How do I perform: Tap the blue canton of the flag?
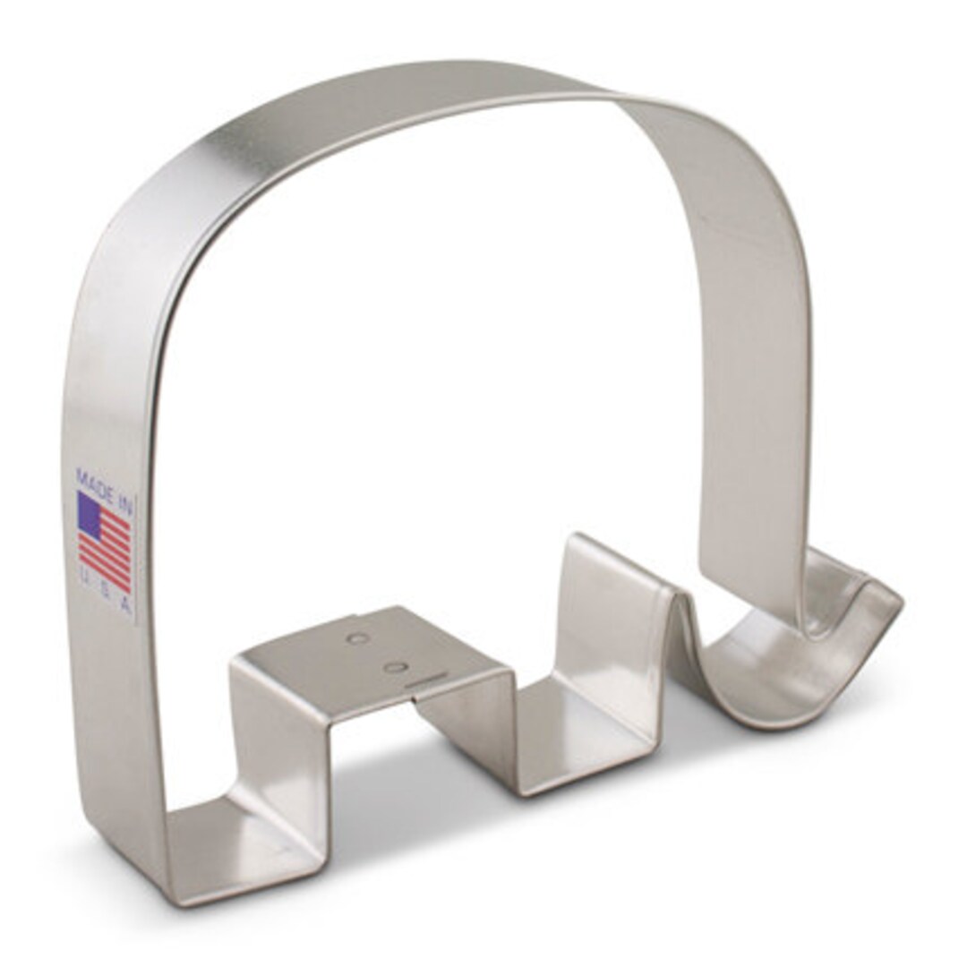pos(90,512)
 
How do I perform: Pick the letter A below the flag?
pos(125,605)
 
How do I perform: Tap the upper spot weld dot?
pos(357,638)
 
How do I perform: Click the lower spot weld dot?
pos(393,667)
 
